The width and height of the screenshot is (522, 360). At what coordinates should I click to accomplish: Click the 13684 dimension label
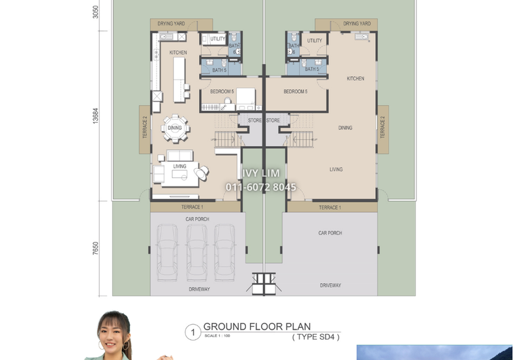point(95,116)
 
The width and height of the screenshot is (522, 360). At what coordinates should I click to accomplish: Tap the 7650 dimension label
point(95,248)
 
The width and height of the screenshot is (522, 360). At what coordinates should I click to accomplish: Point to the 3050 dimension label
point(95,12)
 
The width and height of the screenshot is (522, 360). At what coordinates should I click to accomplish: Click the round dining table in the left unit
point(175,128)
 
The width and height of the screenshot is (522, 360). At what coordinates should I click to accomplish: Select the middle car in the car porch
point(197,252)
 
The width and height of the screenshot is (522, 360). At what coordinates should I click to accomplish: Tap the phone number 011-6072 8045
point(261,187)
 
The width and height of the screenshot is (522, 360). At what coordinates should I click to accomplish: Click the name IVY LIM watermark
point(261,173)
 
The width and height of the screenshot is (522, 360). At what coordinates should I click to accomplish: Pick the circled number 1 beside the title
point(192,332)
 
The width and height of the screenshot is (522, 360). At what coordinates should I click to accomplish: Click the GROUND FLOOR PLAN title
point(257,326)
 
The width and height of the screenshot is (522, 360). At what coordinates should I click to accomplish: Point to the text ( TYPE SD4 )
point(316,337)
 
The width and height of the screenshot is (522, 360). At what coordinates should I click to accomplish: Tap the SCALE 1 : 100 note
point(217,336)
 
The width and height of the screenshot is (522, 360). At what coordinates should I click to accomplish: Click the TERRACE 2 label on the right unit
point(382,127)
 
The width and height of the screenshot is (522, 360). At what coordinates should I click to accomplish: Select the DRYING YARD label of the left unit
point(171,23)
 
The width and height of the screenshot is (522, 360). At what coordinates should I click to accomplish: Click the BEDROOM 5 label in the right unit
point(296,91)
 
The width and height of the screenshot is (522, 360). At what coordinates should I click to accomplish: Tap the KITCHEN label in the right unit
point(356,78)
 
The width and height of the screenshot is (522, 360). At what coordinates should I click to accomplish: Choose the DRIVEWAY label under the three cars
point(199,289)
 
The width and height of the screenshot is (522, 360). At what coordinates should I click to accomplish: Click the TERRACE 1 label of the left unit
point(192,207)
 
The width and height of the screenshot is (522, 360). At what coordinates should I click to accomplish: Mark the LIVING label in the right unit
point(336,170)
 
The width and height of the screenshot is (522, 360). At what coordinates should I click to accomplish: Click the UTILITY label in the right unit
point(315,40)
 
